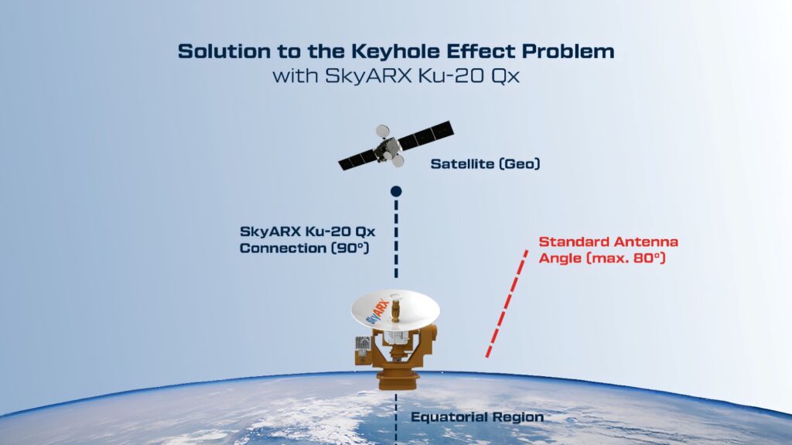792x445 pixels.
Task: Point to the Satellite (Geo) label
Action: [485, 164]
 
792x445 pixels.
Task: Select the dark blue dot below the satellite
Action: [396, 191]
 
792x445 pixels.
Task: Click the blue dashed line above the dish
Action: [396, 238]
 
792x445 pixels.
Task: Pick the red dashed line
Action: [507, 304]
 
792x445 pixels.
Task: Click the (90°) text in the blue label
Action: [350, 248]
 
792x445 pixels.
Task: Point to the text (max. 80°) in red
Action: [626, 258]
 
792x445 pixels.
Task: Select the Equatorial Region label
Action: [477, 417]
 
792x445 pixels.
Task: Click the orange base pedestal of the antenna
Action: [398, 380]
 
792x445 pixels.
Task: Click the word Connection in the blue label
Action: [283, 248]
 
